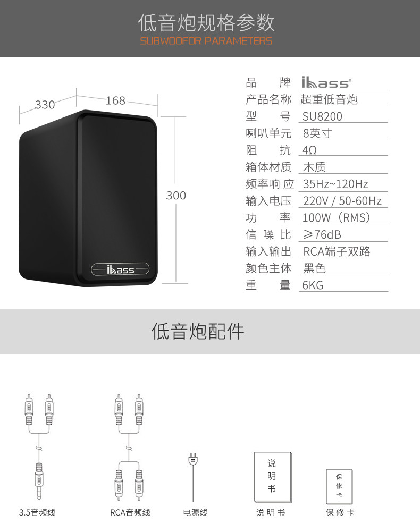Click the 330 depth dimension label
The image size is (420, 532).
(45, 105)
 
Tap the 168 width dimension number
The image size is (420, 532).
(115, 100)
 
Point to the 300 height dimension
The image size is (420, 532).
(176, 195)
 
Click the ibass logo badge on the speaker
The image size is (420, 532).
(120, 270)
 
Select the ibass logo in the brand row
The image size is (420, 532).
(326, 83)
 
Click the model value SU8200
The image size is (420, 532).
(323, 116)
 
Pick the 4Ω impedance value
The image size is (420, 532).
(310, 150)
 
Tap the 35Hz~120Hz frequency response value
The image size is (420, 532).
(335, 184)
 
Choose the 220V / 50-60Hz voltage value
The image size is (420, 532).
(342, 201)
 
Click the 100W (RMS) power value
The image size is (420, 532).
(337, 217)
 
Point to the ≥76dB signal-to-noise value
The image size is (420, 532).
(322, 234)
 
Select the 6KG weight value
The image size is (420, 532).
(313, 285)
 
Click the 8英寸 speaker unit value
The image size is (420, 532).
(317, 133)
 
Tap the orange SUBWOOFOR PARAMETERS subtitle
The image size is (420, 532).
(206, 41)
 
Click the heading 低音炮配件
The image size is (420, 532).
(198, 331)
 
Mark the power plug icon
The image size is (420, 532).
(192, 459)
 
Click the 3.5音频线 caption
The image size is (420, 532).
(37, 512)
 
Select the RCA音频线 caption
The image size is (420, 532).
(130, 512)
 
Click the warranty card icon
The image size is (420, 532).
(339, 486)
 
